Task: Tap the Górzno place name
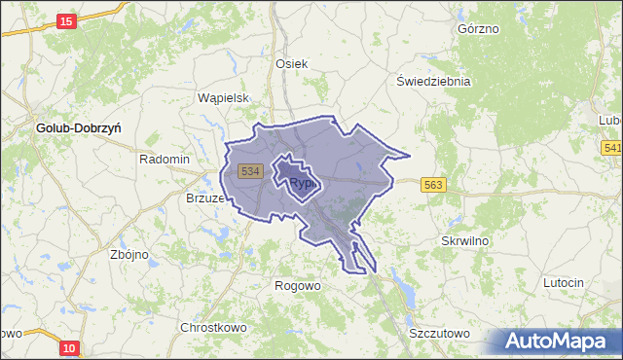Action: pos(477,28)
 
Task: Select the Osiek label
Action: pos(291,63)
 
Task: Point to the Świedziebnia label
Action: pos(433,81)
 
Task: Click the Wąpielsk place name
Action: pos(225,98)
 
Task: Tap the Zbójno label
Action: pos(129,254)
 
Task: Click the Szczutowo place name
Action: pos(439,333)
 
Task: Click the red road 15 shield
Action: pos(66,21)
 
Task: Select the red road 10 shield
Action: pos(67,347)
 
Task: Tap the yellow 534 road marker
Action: pos(250,170)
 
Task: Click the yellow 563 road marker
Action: pos(433,184)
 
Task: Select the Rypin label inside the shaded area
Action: pos(303,182)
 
